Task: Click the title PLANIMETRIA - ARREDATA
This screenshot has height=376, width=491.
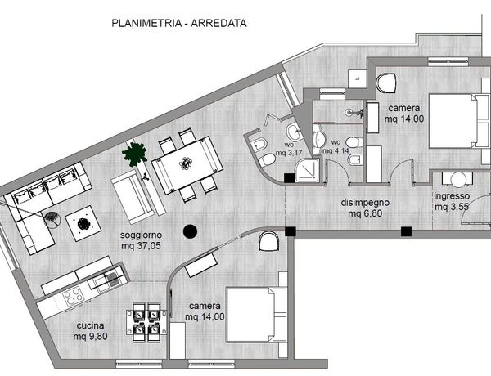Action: point(179,23)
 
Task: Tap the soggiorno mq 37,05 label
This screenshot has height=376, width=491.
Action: point(141,240)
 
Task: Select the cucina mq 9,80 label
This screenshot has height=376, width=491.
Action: point(91,331)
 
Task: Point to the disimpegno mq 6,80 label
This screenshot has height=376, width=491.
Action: point(365,208)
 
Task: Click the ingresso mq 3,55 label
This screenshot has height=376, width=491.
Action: point(452,201)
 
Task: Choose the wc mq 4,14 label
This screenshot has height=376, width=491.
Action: point(336,146)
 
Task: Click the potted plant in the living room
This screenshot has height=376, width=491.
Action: point(135,154)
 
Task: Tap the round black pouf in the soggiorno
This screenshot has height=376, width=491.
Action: point(190,231)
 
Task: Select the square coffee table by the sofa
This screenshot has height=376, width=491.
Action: point(83,223)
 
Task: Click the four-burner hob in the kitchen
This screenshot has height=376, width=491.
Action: point(73,296)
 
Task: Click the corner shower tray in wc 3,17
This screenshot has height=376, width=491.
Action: point(309,170)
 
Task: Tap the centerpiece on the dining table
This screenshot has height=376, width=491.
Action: point(186,163)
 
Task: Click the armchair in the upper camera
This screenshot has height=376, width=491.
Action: point(386,83)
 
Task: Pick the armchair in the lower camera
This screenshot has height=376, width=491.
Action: point(269,241)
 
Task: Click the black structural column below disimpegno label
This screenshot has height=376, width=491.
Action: point(406,231)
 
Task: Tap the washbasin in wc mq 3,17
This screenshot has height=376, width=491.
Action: point(294,132)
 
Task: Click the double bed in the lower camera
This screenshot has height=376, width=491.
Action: point(257,314)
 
